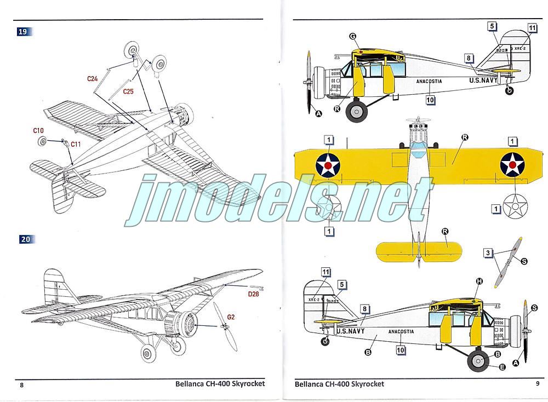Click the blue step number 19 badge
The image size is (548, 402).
pos(22,32)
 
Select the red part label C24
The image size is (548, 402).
pos(93,79)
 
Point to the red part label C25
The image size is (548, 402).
pos(128,91)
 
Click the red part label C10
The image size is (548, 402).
pos(38,130)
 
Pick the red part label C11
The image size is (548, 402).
pos(76,144)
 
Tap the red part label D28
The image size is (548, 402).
pos(254,294)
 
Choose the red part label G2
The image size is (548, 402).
pos(231,317)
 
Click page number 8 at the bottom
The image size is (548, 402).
pos(22,384)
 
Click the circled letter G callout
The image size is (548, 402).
pos(353,37)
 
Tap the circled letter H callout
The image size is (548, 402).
pos(480,282)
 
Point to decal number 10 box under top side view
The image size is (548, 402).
pos(430,100)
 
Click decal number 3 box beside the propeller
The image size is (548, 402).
pos(487,252)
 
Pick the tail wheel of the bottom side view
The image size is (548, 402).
pos(326,341)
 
